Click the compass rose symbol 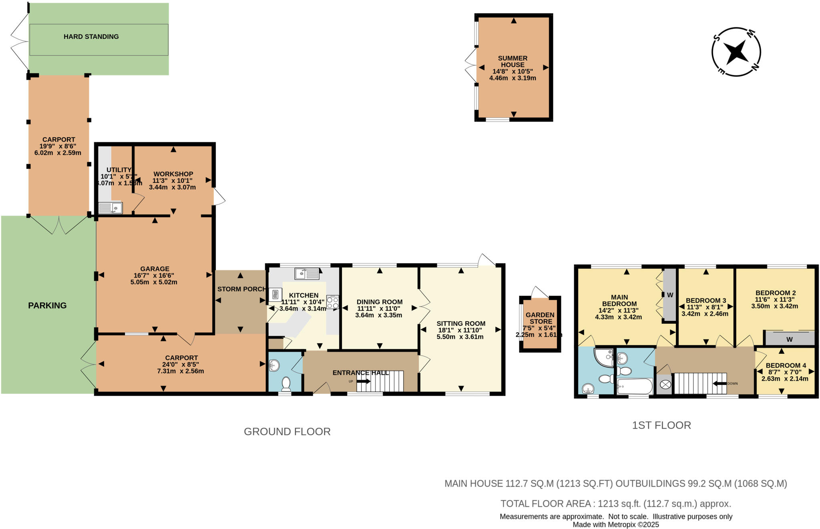click(736, 52)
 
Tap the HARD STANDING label click(91, 37)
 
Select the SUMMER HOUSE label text click(512, 61)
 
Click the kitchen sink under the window click(307, 274)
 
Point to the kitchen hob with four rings click(332, 302)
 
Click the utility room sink click(111, 208)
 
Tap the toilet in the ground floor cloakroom click(286, 383)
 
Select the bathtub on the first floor click(635, 387)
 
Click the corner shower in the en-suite click(604, 357)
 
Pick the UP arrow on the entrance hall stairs click(363, 381)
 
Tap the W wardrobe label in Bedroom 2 click(789, 340)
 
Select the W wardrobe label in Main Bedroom click(670, 295)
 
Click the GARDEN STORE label click(540, 318)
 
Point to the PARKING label click(47, 306)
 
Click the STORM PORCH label click(241, 289)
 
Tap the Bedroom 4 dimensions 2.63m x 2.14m click(784, 379)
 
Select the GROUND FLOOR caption click(287, 432)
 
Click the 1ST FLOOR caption click(661, 425)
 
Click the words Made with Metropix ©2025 click(615, 525)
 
